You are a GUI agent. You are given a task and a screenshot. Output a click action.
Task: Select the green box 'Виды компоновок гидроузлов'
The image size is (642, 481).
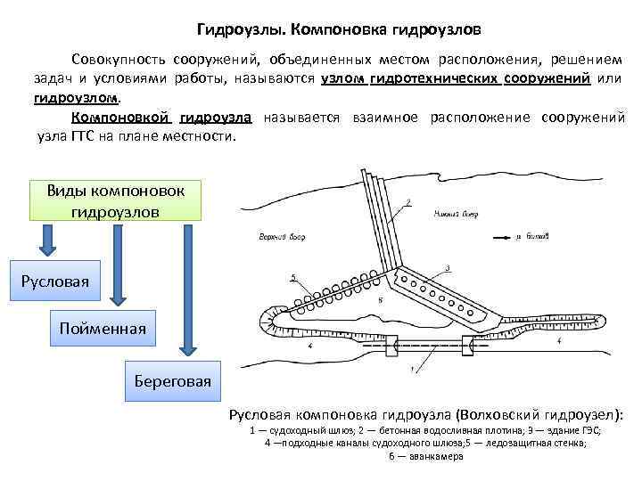pos(115,200)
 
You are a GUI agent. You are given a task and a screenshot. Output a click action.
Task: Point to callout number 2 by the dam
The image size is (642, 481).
pos(407,203)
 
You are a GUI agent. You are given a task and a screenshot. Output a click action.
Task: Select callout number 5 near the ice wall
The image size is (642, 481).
pos(293,277)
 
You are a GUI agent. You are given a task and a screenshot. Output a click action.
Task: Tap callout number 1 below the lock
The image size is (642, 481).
pos(411,368)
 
